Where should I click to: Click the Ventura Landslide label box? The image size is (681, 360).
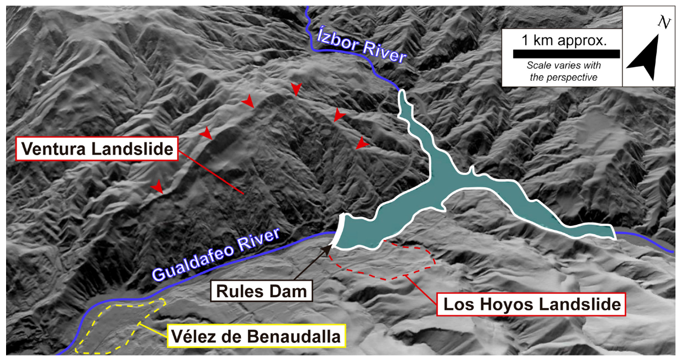coord(97,149)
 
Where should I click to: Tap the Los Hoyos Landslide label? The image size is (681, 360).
coord(530,303)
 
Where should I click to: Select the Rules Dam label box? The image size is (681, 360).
coord(261,291)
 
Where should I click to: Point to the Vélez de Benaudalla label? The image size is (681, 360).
coord(256,336)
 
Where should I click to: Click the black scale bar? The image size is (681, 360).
coord(566,54)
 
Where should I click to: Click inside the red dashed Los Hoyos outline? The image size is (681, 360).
coord(387,260)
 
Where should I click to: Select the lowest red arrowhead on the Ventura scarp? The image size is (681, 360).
coord(159,188)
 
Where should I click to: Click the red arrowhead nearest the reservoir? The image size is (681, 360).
coord(362,144)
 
